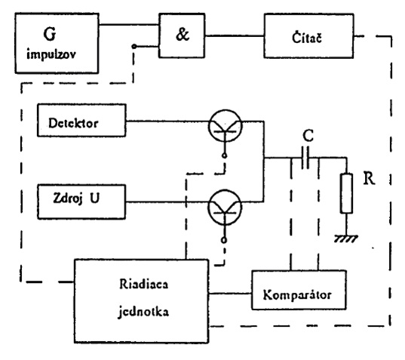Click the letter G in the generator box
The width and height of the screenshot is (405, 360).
click(49, 34)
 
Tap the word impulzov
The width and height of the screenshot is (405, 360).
click(51, 54)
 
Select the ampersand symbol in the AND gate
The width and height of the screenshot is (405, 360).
click(183, 35)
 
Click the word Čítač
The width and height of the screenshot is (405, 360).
click(307, 38)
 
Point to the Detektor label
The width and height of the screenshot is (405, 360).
click(73, 123)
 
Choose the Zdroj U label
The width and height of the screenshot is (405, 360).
click(76, 198)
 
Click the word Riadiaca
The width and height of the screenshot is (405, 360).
click(143, 284)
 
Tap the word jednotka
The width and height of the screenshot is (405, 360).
click(143, 312)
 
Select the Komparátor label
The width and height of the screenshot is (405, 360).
click(297, 294)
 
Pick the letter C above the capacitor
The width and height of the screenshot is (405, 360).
click(308, 135)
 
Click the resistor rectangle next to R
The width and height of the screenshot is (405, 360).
click(346, 193)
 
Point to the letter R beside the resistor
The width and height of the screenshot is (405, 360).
click(369, 178)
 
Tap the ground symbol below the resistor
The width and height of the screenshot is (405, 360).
click(346, 238)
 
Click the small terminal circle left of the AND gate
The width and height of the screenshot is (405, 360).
click(133, 46)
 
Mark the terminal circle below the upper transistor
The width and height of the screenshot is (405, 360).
click(225, 155)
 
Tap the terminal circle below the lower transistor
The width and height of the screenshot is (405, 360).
click(224, 240)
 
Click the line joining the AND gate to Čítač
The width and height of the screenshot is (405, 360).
click(235, 36)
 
